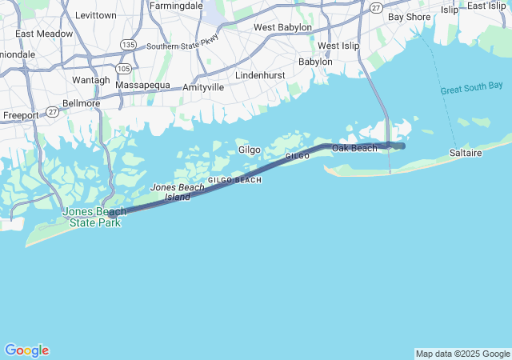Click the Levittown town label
(x=95, y=15)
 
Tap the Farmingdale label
(x=175, y=5)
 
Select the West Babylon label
(x=282, y=27)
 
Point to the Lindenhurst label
(x=260, y=75)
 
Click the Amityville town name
(x=203, y=86)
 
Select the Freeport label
(x=21, y=115)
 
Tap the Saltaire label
(x=466, y=151)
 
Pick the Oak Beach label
(x=354, y=149)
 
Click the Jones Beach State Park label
(x=92, y=217)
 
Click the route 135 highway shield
(x=127, y=44)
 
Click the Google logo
(x=26, y=350)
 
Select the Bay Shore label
(x=408, y=16)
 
